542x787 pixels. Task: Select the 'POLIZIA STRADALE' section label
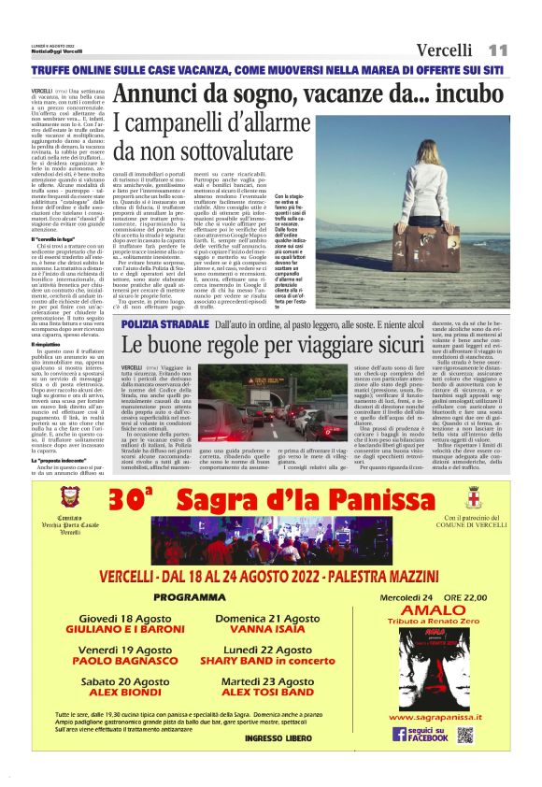(165, 324)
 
